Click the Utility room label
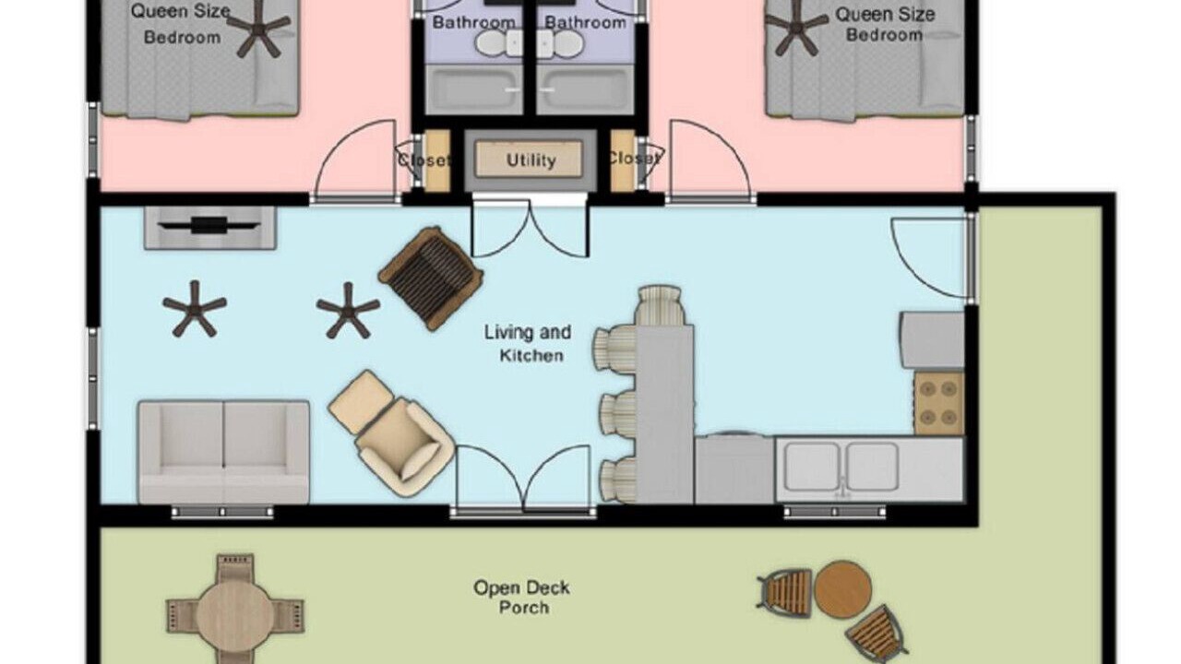[x=531, y=160]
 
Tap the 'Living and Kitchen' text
[x=529, y=344]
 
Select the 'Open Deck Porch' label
[x=522, y=597]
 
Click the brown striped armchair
[x=431, y=278]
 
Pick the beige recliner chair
[x=391, y=433]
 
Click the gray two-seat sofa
[x=223, y=452]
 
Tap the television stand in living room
[x=209, y=228]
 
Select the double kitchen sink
[x=841, y=468]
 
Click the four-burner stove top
[x=939, y=404]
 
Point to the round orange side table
[x=842, y=589]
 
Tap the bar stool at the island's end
[x=660, y=305]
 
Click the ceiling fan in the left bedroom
[x=258, y=27]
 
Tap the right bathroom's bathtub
[x=585, y=89]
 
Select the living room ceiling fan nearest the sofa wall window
[x=195, y=309]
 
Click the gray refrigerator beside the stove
[x=933, y=340]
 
